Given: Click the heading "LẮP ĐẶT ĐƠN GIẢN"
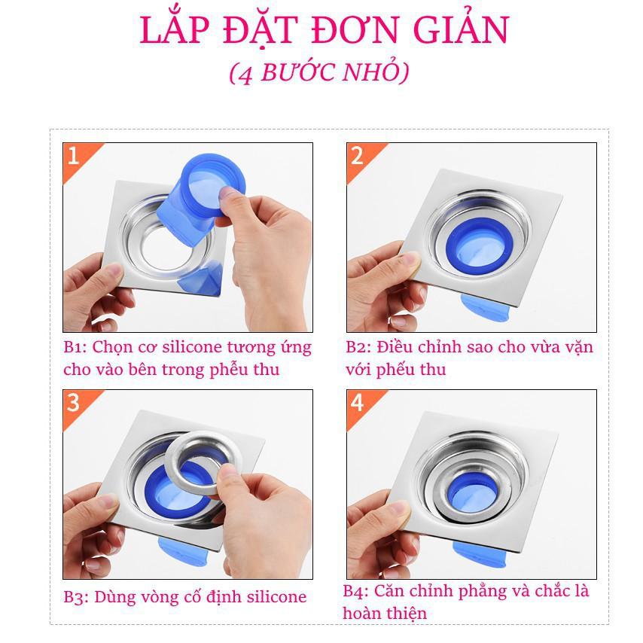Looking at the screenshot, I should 324,30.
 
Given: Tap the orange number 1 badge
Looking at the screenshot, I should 73,156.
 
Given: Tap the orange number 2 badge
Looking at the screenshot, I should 357,156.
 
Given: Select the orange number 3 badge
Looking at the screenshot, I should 73,403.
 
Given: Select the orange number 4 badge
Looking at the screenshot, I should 357,403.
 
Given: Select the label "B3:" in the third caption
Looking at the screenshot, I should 75,598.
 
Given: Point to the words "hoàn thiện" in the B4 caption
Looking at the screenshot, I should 384,614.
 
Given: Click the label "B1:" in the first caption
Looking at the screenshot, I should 75,348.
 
